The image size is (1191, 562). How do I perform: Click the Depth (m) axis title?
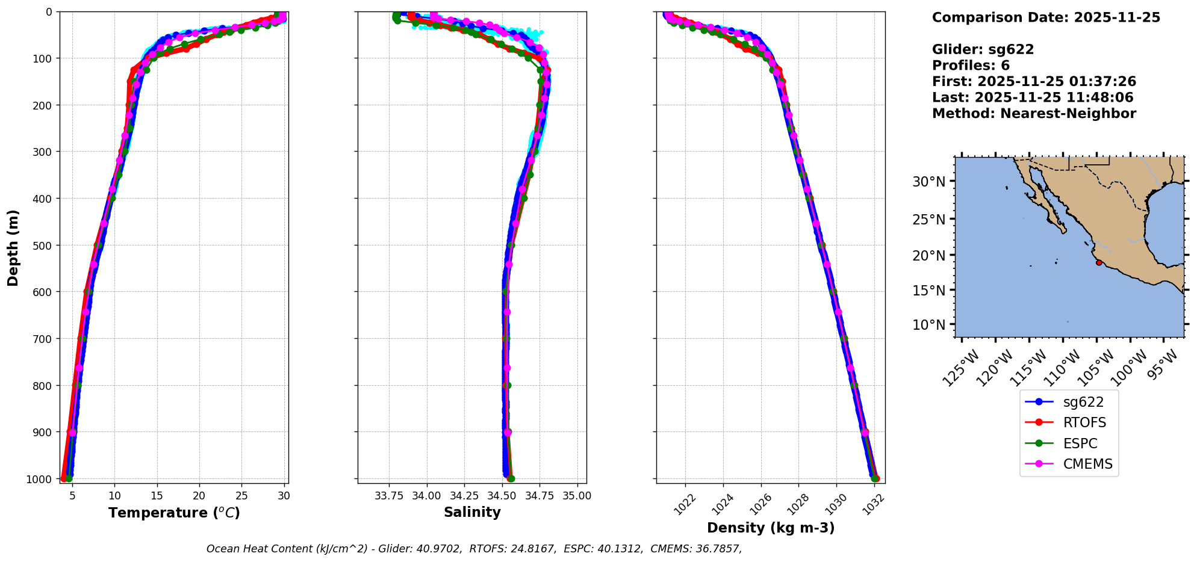[x=13, y=247]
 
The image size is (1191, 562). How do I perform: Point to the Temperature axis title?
[x=174, y=513]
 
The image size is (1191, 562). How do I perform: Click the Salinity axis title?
[x=472, y=512]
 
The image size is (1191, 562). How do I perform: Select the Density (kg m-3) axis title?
[x=771, y=528]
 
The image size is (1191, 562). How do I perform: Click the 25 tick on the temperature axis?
[x=241, y=496]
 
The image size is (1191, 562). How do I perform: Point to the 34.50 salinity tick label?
[x=502, y=496]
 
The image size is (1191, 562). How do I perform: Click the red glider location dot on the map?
[x=1099, y=262]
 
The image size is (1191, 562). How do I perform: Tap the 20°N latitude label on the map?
[x=929, y=255]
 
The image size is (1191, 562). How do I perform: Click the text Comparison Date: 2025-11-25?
[x=1046, y=17]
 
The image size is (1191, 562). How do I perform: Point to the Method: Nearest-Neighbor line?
[x=1034, y=114]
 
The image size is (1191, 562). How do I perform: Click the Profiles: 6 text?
[x=971, y=66]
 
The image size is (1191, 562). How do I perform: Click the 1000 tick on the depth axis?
[x=40, y=478]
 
